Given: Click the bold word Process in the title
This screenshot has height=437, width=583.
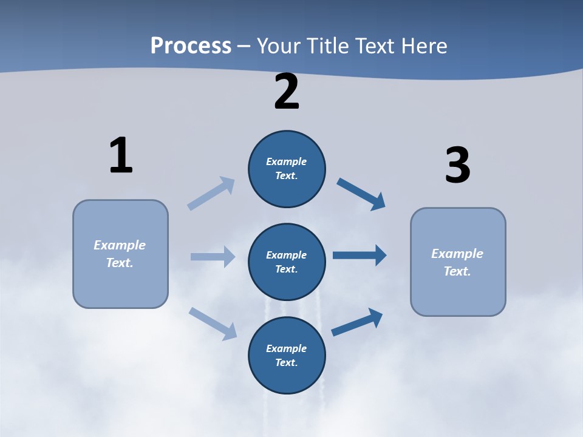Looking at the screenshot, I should (191, 46).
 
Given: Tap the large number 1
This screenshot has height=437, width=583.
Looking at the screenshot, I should (120, 155).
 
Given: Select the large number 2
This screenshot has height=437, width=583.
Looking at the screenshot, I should (287, 92).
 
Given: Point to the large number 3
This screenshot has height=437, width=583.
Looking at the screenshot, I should (457, 166).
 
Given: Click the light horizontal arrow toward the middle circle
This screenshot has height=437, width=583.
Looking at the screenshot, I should (213, 257).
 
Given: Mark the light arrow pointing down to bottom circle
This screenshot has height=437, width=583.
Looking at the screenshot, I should (213, 324).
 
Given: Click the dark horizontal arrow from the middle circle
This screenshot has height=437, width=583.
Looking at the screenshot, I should (360, 256).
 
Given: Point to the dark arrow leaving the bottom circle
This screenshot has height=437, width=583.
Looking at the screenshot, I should (358, 322).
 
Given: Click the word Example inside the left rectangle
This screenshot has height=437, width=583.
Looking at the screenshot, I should (120, 245).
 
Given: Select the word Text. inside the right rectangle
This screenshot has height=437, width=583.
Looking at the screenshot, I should (457, 271).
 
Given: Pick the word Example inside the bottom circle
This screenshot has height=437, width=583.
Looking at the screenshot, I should (286, 348).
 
